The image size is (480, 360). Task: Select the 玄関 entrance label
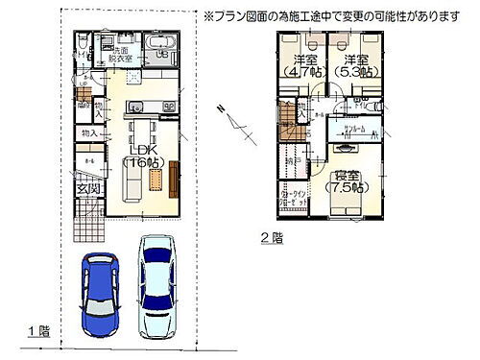[x=89, y=190]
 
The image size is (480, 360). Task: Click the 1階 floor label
[x=38, y=331]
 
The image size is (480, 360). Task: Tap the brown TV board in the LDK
[x=175, y=179]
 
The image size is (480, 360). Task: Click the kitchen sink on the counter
[x=135, y=107]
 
